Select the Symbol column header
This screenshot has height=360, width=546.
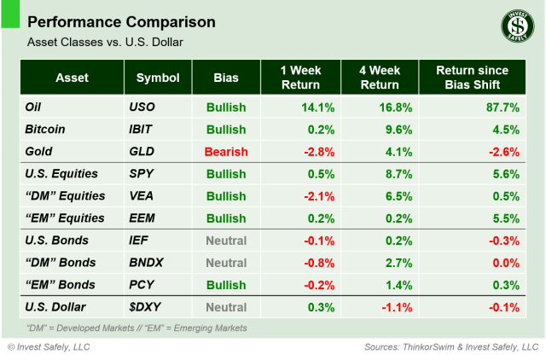[158, 78]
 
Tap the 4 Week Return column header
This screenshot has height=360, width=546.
[381, 78]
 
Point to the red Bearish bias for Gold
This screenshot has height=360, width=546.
[226, 152]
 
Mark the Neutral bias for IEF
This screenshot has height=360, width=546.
[226, 241]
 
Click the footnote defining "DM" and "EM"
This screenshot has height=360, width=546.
[136, 328]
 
